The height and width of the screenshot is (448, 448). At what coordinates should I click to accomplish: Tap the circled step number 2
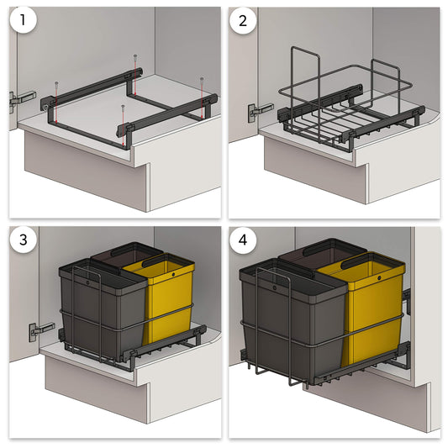[245, 23]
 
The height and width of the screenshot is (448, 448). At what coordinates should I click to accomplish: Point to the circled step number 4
[245, 241]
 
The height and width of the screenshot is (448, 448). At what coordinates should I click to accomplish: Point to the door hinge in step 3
[36, 329]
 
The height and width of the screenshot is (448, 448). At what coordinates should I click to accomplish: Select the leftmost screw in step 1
[55, 84]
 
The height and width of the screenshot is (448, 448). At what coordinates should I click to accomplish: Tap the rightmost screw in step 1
[203, 80]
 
